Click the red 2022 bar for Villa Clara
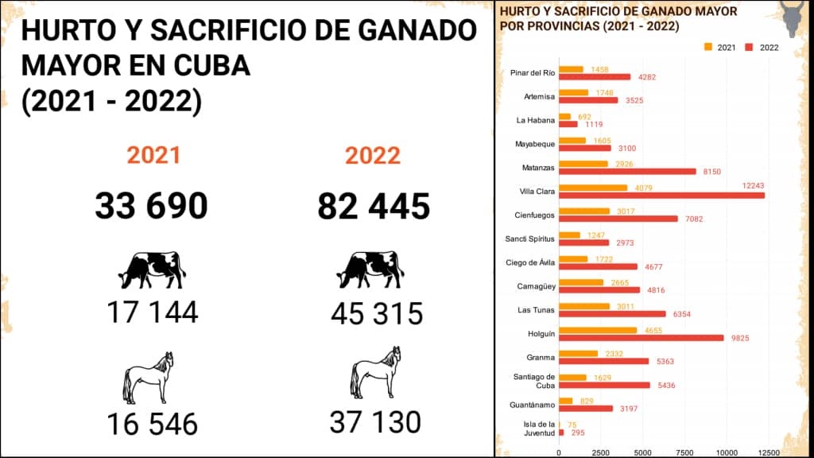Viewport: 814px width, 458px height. [x=661, y=195]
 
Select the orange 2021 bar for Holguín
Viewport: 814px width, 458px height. [x=598, y=330]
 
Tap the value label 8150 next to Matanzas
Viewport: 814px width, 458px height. [x=712, y=171]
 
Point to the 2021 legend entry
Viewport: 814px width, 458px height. [x=720, y=48]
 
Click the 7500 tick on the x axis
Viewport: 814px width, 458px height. [x=684, y=452]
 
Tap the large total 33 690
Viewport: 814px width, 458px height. [x=151, y=207]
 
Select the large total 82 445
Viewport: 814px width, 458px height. [x=374, y=207]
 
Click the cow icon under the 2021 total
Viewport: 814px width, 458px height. [x=152, y=270]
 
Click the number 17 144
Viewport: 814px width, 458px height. [x=152, y=312]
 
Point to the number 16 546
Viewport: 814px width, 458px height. [x=152, y=424]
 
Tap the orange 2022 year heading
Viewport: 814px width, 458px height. [x=372, y=155]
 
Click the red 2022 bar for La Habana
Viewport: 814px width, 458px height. [x=568, y=124]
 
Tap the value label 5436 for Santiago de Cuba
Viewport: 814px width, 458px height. [x=667, y=385]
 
